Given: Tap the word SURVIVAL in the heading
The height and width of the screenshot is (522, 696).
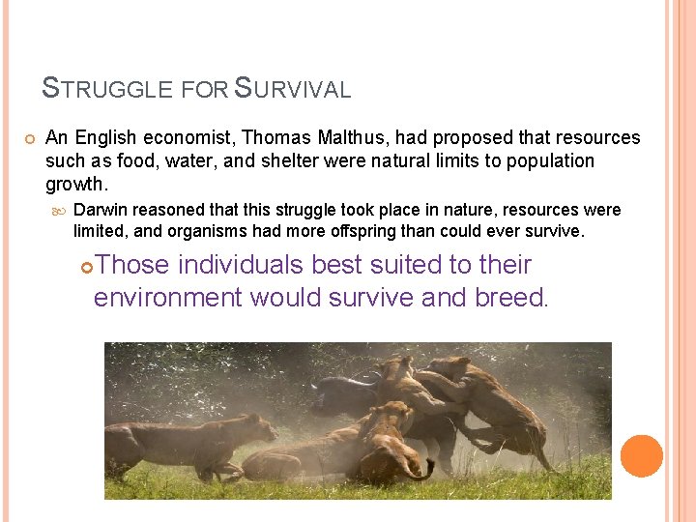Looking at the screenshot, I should [x=293, y=90].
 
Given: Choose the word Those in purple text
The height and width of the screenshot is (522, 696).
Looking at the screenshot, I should [x=132, y=265].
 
